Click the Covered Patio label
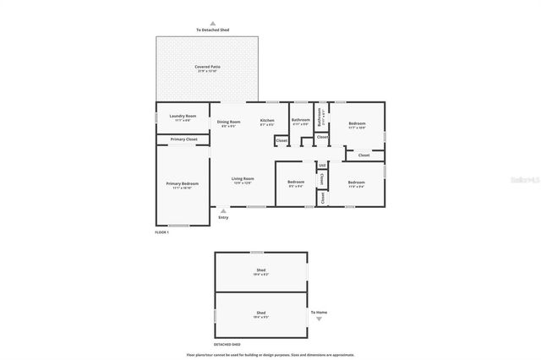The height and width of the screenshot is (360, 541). [206, 67]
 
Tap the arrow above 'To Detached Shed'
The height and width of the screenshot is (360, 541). [213, 24]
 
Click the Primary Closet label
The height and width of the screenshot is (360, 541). [183, 139]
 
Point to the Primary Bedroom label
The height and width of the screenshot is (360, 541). [183, 183]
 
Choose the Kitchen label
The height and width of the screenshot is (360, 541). [267, 121]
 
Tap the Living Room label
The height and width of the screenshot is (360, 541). [243, 178]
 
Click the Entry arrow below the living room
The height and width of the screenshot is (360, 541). [223, 210]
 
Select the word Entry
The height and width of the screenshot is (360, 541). [223, 218]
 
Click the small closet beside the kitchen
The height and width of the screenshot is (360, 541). [281, 139]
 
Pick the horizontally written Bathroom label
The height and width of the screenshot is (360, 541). [301, 120]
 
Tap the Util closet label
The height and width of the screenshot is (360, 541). [322, 166]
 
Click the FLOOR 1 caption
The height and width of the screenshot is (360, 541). [162, 232]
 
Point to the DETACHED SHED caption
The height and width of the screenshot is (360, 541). [227, 345]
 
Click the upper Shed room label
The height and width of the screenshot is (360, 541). [260, 272]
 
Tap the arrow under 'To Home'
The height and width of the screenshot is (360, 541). [319, 319]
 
